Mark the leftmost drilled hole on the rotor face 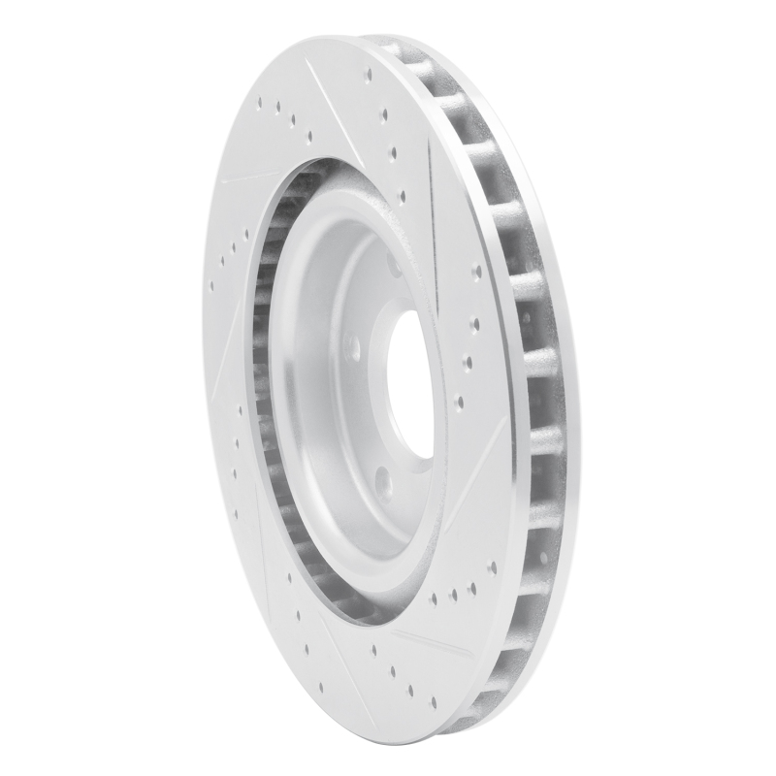211,286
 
